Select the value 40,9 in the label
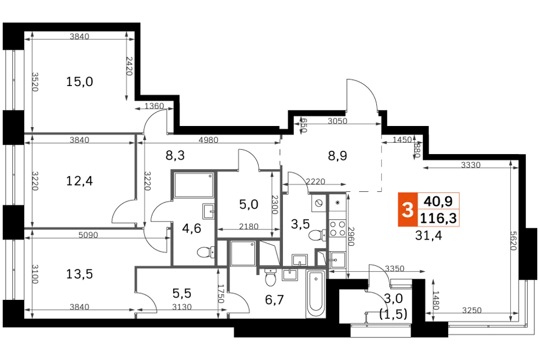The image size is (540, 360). (x=438, y=201)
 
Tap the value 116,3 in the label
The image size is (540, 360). (x=438, y=218)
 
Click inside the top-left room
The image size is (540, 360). (x=79, y=84)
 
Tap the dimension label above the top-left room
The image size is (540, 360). (x=79, y=35)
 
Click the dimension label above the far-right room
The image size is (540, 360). (x=470, y=164)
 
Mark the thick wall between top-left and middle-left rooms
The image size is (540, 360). (x=84, y=135)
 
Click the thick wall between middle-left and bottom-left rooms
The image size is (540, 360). (x=84, y=229)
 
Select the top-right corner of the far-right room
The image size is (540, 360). (x=512, y=166)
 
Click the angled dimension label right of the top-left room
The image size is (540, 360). (x=151, y=107)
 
